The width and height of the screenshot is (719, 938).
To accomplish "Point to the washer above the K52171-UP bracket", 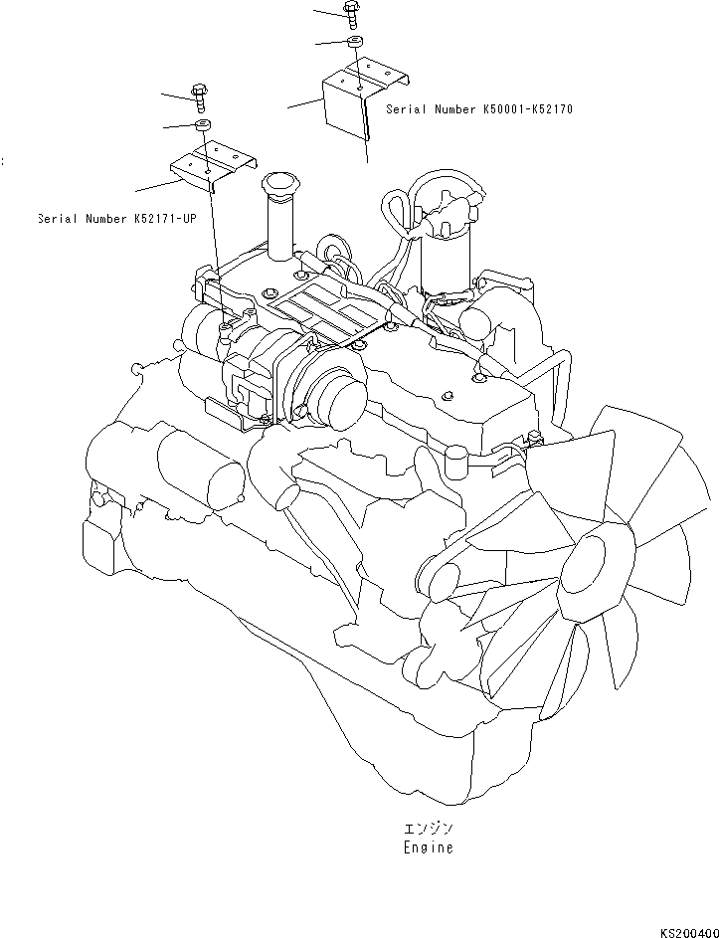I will [202, 123].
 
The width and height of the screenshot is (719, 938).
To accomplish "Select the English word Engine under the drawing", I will [429, 847].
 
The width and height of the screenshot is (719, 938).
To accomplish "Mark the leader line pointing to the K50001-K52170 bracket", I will [304, 101].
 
